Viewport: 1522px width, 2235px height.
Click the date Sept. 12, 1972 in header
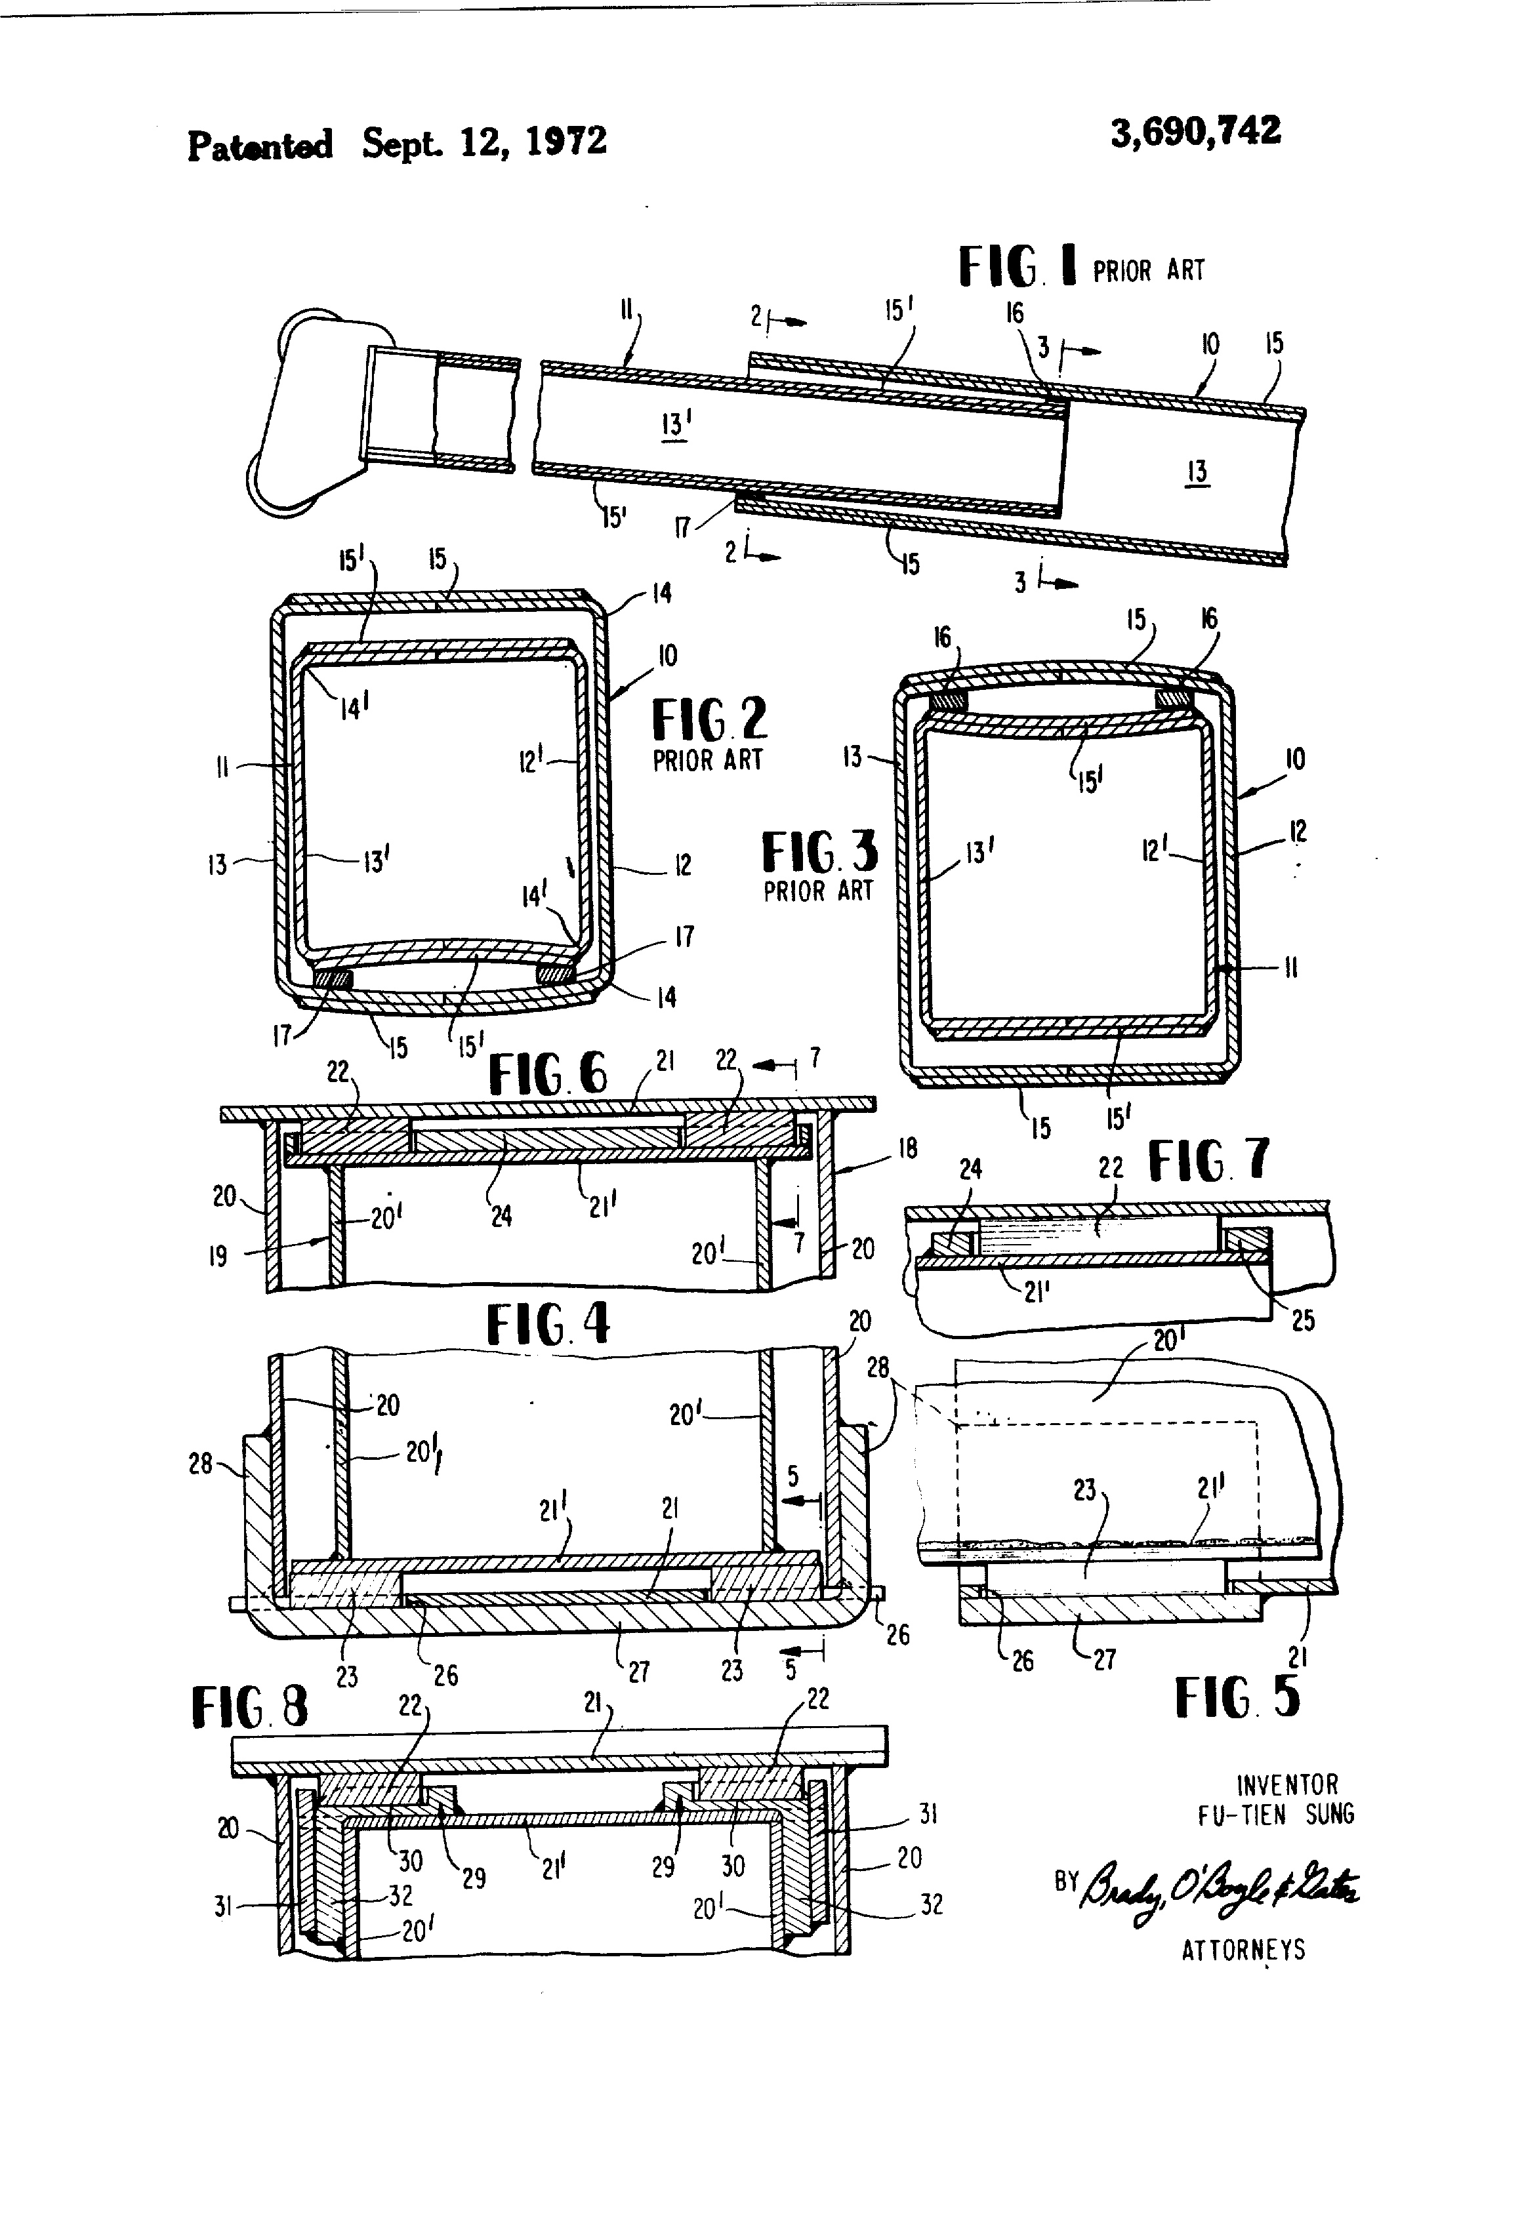click(484, 142)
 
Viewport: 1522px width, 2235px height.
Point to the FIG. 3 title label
click(819, 852)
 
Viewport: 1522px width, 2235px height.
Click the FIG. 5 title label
click(1236, 1697)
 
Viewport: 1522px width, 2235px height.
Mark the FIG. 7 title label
click(1208, 1161)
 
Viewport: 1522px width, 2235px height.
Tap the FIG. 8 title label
click(250, 1708)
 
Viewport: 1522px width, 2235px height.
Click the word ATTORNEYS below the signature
click(1243, 1950)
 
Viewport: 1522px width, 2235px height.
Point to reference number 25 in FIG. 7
click(1303, 1320)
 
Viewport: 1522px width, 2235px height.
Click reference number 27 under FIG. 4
click(639, 1672)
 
